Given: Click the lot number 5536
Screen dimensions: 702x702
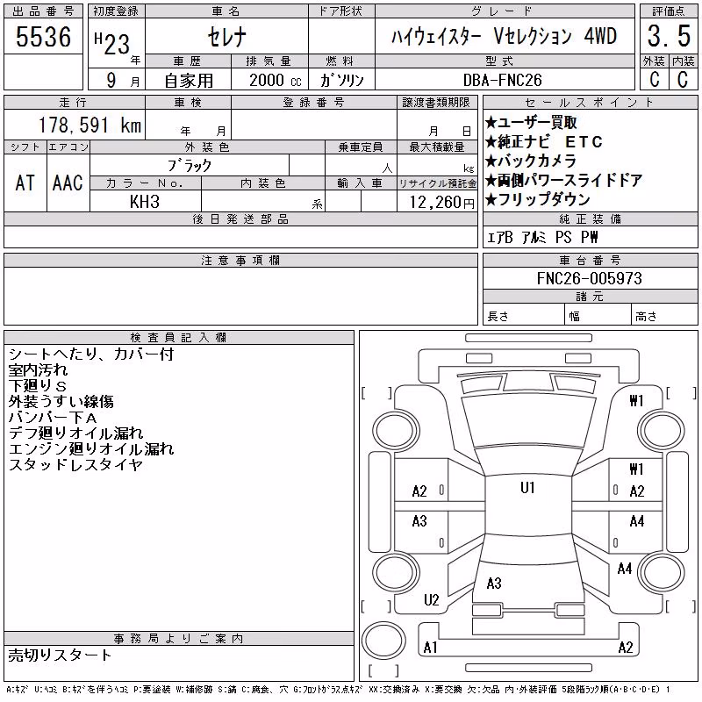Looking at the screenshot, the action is coord(43,37).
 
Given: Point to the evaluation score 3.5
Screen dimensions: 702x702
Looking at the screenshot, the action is coord(669,36).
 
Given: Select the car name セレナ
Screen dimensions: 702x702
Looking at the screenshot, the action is coord(227,37).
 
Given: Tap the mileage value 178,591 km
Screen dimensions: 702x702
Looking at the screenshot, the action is coord(90,125).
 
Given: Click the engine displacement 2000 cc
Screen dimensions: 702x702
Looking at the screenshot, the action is coord(276,80).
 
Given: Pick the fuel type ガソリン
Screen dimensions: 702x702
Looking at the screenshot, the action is coord(341,80).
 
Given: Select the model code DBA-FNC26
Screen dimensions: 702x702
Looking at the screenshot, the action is coord(502,80).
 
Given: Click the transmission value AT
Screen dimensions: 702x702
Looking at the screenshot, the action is coord(25,183).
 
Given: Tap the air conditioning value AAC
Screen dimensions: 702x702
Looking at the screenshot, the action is coord(68,183).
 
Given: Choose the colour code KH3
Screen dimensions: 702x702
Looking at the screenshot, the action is coord(145,202).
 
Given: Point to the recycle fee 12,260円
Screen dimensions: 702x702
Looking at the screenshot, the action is coord(441,203).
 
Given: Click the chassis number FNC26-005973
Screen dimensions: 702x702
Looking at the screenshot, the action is coord(589,278).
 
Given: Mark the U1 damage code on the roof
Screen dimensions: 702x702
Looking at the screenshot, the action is coord(528,487).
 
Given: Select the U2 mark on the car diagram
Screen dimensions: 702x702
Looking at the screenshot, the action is coord(432,599).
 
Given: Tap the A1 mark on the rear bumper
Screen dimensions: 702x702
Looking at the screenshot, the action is coord(430,648).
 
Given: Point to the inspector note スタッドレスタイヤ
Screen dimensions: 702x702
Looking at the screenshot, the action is coord(75,465).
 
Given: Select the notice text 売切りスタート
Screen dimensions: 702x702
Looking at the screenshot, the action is coord(60,655).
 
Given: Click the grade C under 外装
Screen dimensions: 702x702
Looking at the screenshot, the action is coord(654,79).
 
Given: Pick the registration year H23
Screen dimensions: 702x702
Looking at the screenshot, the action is coord(112,43).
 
